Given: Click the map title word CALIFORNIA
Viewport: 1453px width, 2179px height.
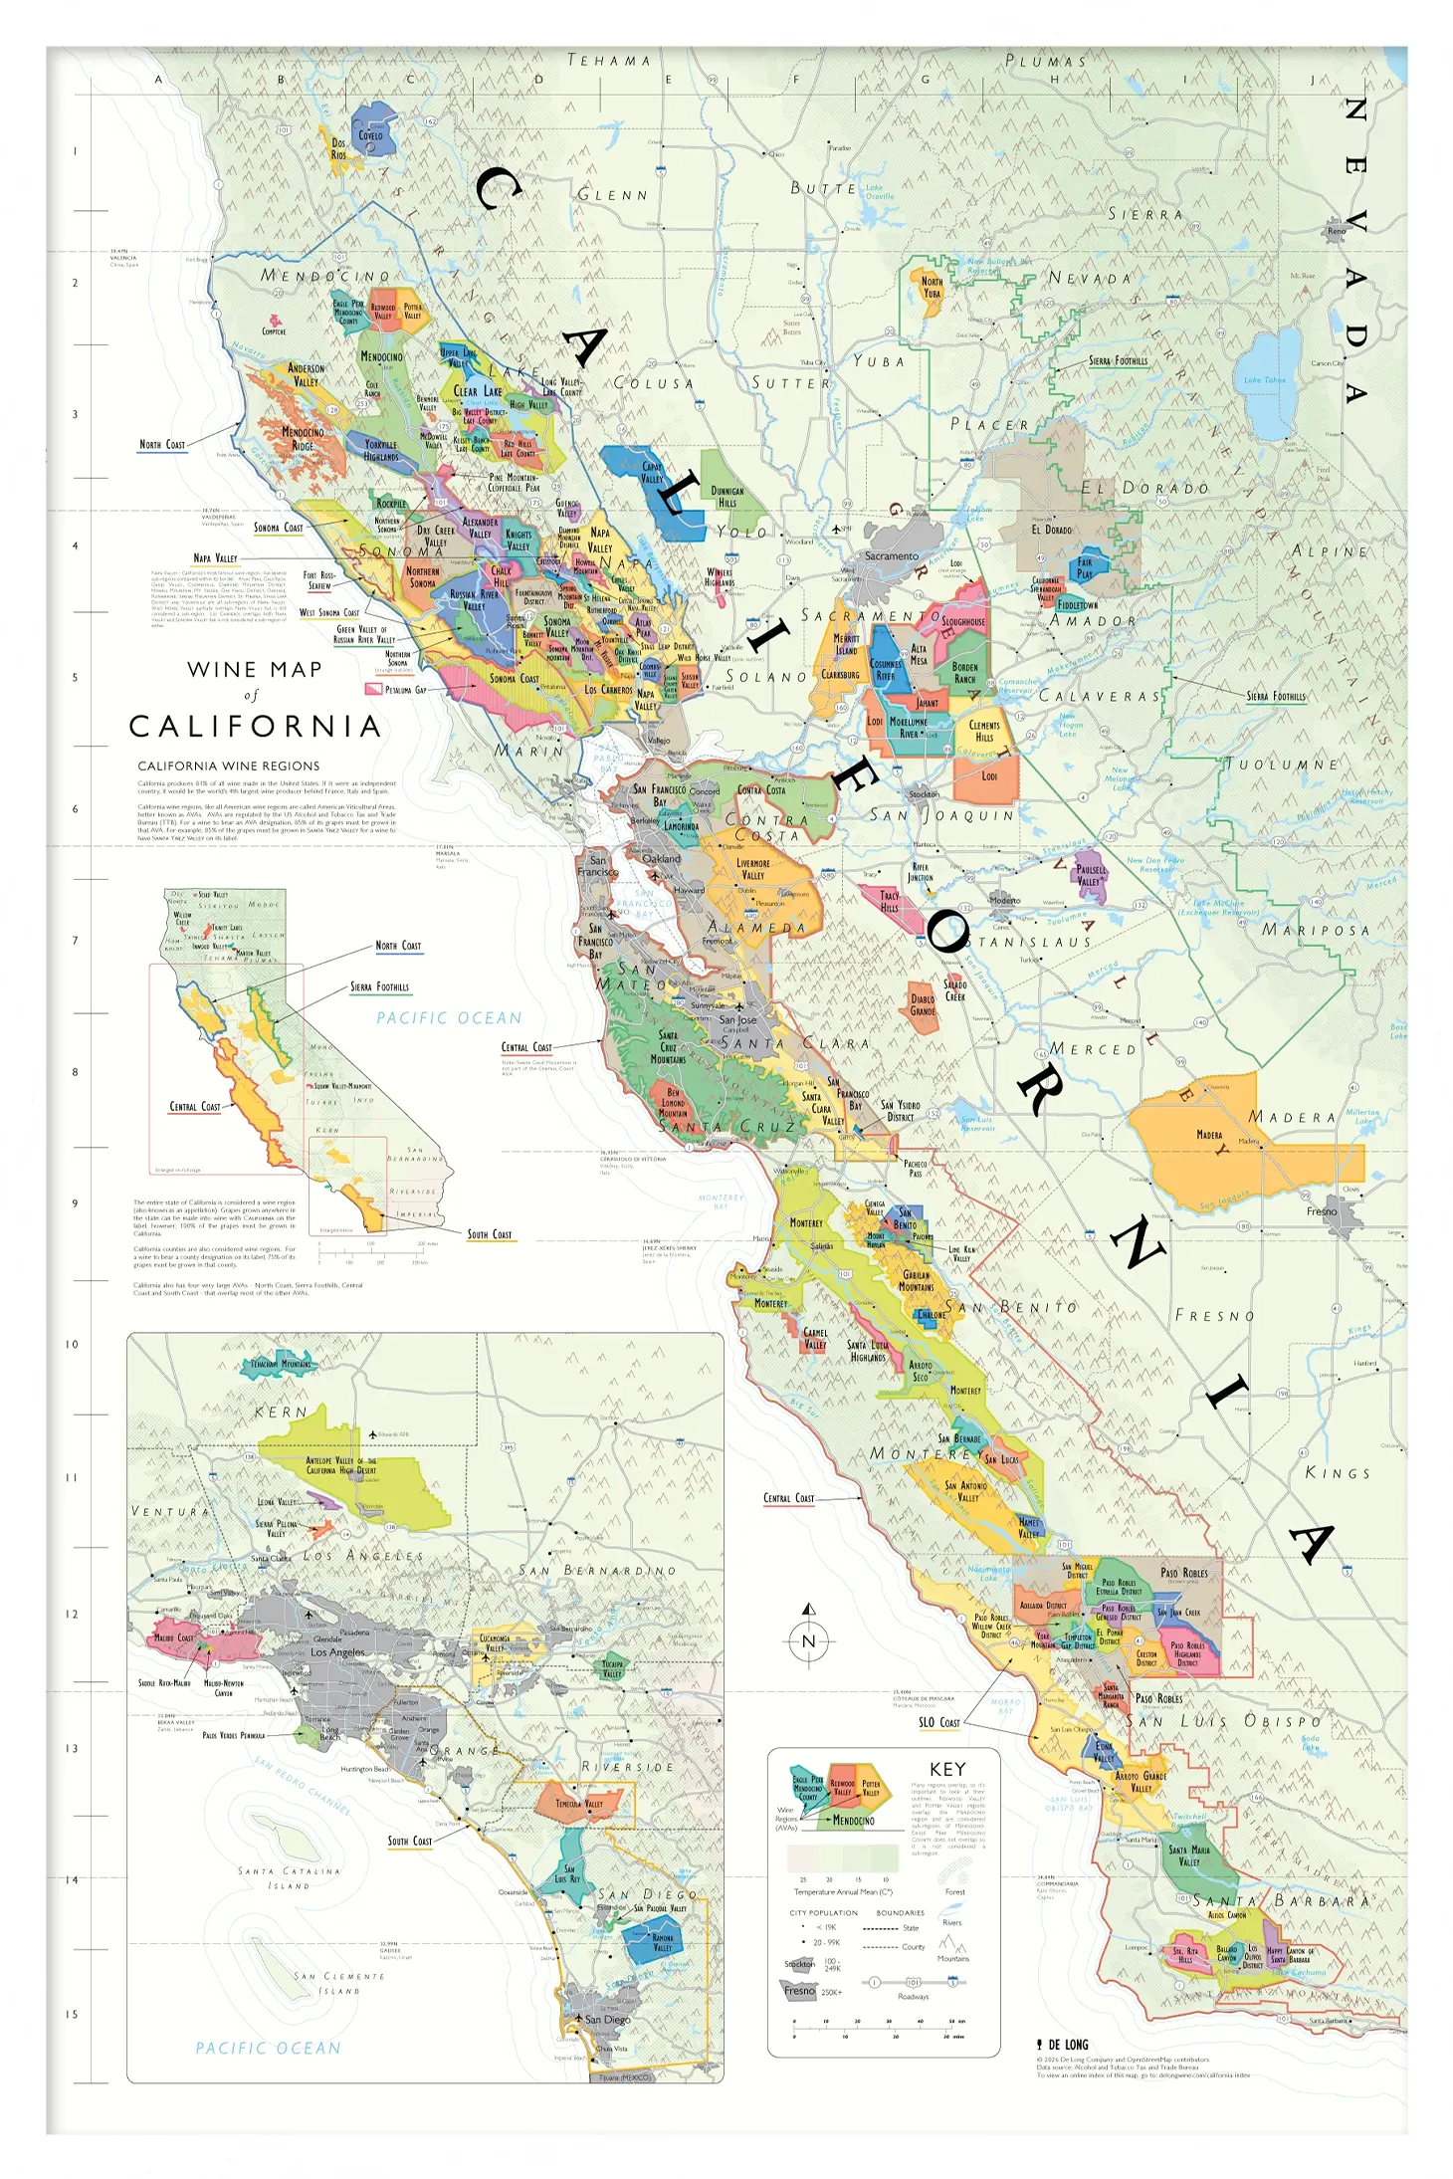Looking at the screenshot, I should pyautogui.click(x=255, y=727).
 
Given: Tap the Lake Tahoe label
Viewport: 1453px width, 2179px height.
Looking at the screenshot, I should pyautogui.click(x=1264, y=379).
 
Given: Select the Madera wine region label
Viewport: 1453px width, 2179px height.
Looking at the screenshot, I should pyautogui.click(x=1209, y=1135).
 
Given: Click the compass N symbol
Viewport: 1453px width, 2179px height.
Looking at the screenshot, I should pyautogui.click(x=808, y=1641).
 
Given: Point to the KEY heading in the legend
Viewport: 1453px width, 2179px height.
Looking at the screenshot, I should pyautogui.click(x=946, y=1769).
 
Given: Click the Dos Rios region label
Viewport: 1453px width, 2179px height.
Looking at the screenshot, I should pyautogui.click(x=338, y=148).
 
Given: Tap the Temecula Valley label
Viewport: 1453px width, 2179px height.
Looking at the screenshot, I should pyautogui.click(x=578, y=1804).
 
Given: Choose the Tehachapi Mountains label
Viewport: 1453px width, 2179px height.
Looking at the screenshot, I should pyautogui.click(x=280, y=1364).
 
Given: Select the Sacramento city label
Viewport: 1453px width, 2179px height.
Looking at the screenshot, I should pyautogui.click(x=891, y=555).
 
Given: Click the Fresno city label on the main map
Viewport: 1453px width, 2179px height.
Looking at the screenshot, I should pyautogui.click(x=1322, y=1211).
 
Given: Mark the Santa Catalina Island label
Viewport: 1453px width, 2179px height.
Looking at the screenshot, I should pyautogui.click(x=289, y=1877).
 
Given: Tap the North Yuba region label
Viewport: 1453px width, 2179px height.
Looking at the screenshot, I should pyautogui.click(x=932, y=287).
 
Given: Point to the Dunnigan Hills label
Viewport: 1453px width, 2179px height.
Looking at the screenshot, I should pyautogui.click(x=727, y=496).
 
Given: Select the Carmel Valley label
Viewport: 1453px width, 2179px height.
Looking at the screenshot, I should pyautogui.click(x=815, y=1338).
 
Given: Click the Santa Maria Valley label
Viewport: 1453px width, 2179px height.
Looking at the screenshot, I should pyautogui.click(x=1189, y=1855).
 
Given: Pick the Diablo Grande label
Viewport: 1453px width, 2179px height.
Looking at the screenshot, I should pyautogui.click(x=923, y=1004).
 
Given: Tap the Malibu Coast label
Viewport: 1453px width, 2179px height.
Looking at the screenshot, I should pyautogui.click(x=174, y=1637).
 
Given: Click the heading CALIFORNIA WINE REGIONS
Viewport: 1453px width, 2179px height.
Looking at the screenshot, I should pyautogui.click(x=229, y=765).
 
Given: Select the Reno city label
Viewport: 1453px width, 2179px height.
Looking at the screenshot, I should pyautogui.click(x=1336, y=231).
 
